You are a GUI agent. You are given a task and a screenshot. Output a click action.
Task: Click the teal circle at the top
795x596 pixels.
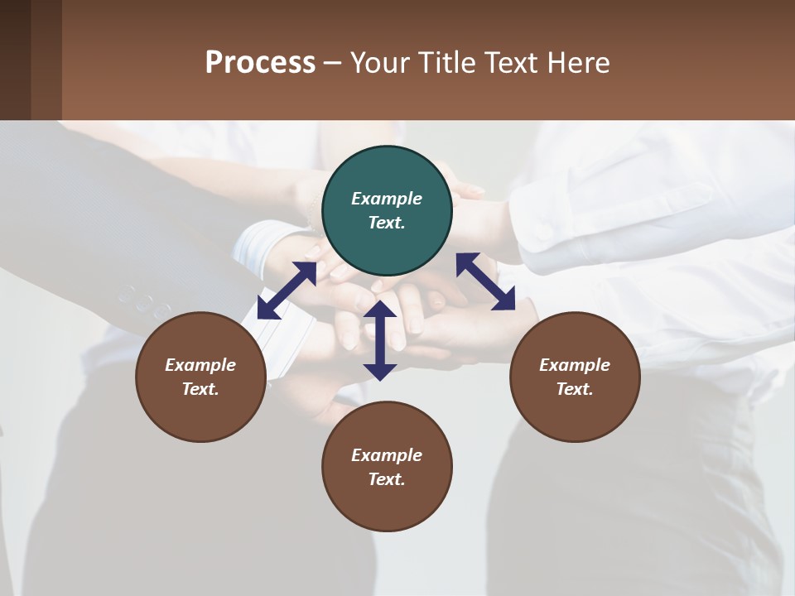(x=387, y=211)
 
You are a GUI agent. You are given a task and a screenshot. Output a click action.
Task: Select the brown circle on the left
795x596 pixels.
(x=200, y=377)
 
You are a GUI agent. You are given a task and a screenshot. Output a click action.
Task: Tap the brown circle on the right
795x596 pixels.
(x=575, y=377)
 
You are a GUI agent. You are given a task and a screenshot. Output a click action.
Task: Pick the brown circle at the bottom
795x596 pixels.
(x=387, y=467)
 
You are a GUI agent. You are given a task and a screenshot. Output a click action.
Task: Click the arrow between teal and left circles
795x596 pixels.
(x=287, y=291)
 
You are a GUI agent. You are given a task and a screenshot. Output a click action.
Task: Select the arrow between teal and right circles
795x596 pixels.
(x=485, y=281)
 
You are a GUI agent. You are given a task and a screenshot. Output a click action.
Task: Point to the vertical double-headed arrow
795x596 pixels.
(x=380, y=340)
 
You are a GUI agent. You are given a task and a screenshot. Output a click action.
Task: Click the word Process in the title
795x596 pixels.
(x=260, y=62)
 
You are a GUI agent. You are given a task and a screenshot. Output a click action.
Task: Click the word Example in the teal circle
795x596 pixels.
(x=387, y=199)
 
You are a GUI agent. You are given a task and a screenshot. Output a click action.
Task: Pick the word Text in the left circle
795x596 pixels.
(x=200, y=389)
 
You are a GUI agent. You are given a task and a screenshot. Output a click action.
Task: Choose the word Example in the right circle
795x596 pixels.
(x=575, y=365)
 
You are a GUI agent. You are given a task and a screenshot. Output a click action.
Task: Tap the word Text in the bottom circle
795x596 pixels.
(x=387, y=479)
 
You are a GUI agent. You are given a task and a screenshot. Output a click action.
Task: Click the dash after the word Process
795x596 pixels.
(x=332, y=63)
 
